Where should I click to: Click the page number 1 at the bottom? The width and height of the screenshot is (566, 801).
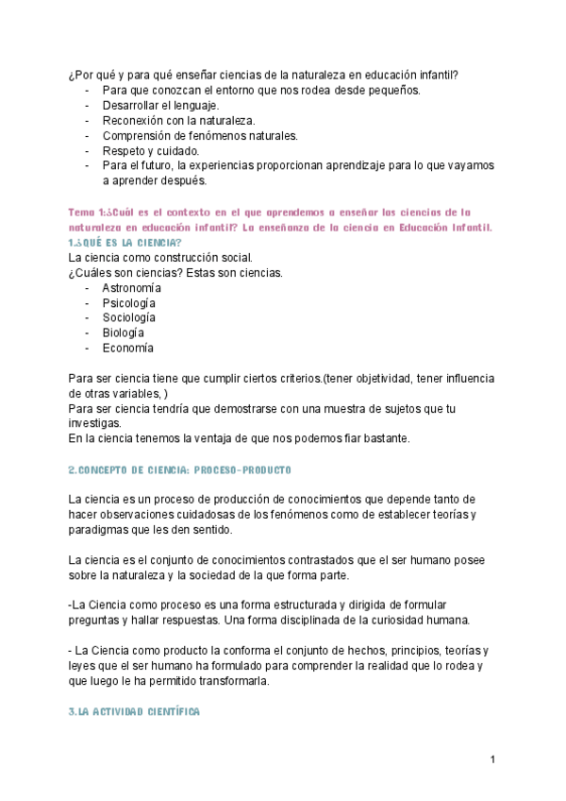pos(492,759)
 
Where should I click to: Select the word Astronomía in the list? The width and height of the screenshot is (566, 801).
pos(132,288)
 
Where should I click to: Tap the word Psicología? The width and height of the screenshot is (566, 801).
pos(129,303)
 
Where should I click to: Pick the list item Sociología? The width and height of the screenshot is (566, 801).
pos(129,318)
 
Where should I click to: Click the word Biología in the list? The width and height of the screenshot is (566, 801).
pos(124,333)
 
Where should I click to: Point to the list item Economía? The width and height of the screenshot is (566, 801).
pos(127,349)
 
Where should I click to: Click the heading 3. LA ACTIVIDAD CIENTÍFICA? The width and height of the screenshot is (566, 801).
pos(134,711)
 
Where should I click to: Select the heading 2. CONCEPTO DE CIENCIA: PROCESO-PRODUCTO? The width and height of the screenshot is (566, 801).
pos(180,469)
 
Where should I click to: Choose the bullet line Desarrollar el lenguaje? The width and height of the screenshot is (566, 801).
pos(160,106)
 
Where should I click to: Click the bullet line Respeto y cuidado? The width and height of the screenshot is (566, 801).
pos(151,151)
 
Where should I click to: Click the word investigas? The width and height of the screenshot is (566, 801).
pos(95,424)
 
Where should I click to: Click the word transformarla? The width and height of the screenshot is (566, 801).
pos(230,680)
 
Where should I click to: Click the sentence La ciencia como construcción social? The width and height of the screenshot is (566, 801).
pos(160,258)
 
